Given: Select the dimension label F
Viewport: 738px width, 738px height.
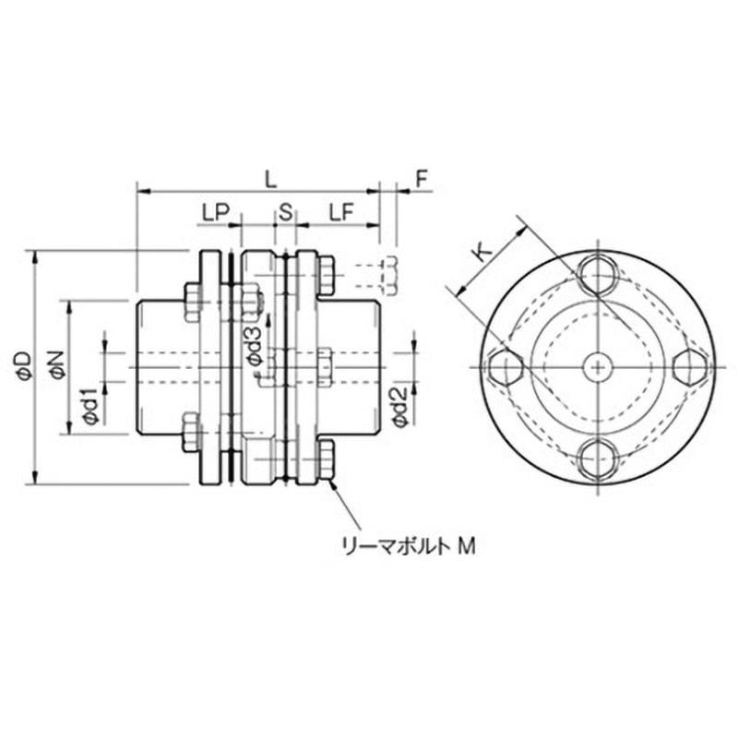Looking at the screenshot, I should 421,179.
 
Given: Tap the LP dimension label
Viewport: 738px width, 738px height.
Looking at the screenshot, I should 214,212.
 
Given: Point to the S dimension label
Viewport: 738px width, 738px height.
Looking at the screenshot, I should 285,212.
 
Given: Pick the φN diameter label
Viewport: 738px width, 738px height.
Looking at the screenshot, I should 57,366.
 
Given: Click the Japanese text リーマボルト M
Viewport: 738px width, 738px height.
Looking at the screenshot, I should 407,546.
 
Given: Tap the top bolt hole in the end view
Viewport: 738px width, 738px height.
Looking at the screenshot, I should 598,274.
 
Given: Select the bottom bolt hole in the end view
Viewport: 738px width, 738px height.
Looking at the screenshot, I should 598,457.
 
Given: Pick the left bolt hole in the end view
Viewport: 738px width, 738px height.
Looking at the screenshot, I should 506,366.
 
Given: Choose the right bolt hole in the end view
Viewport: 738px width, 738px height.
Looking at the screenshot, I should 689,366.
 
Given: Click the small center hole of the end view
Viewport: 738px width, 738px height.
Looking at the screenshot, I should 598,366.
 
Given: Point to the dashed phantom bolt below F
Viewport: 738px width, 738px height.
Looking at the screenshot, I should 388,273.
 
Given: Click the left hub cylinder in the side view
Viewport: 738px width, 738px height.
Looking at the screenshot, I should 161,366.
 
